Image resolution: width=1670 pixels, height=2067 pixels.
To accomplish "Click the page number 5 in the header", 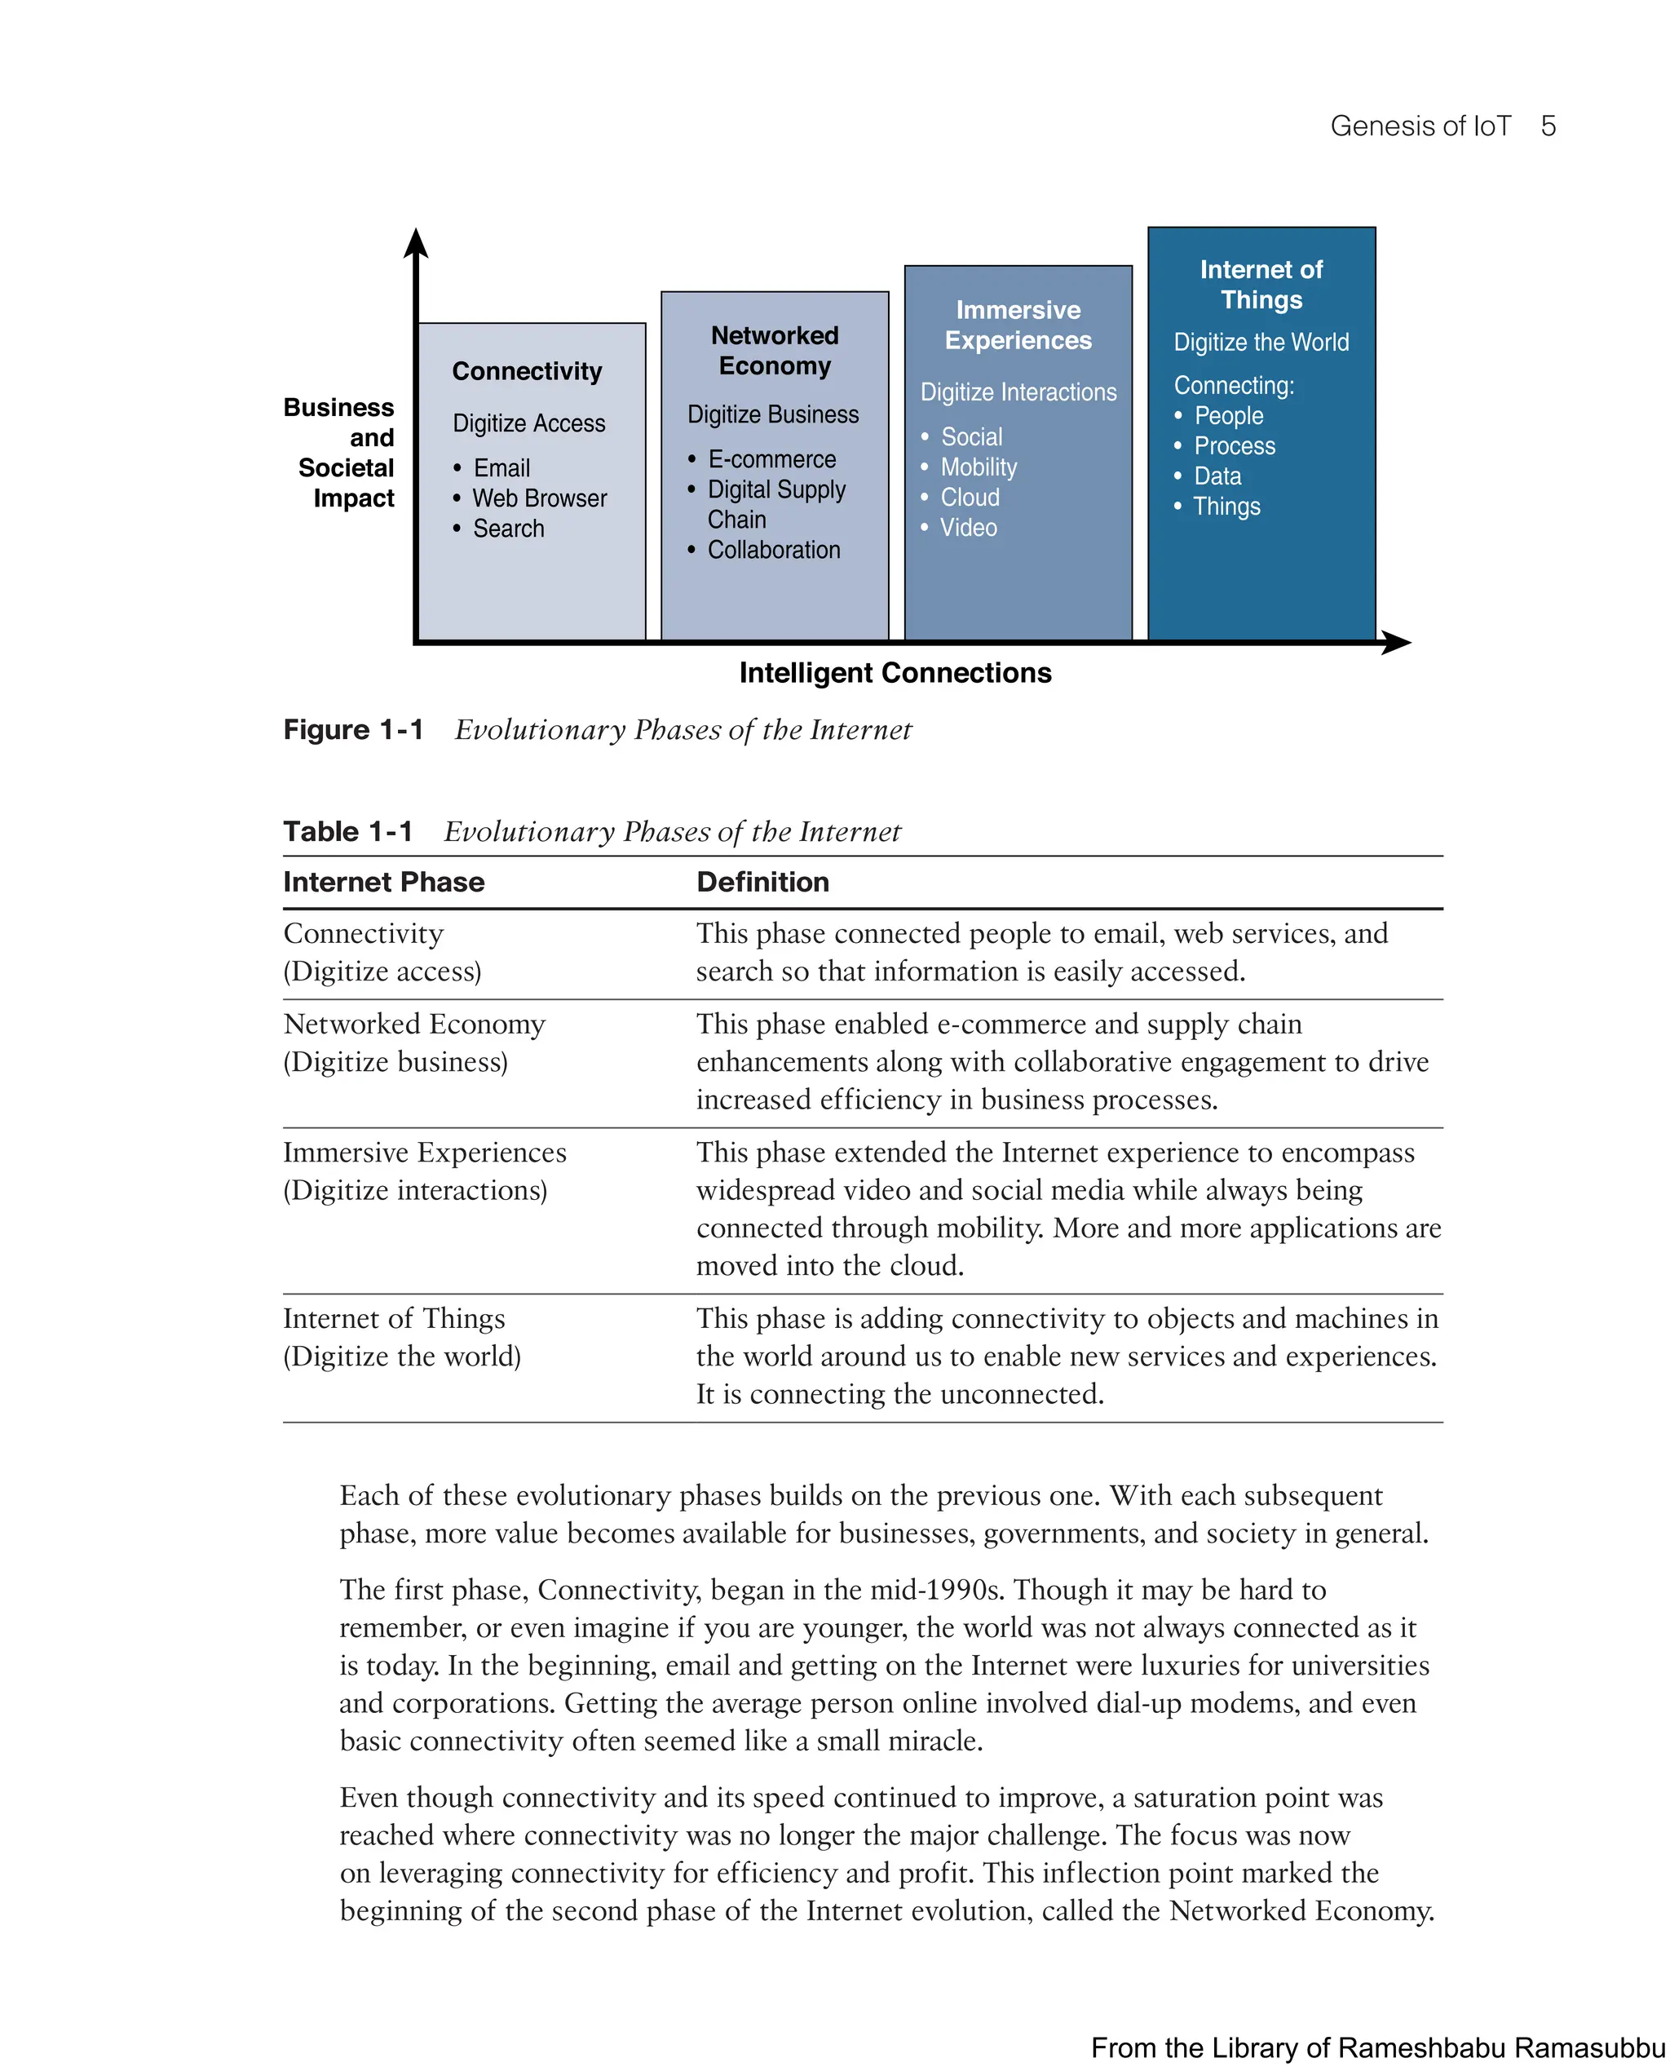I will pos(1547,126).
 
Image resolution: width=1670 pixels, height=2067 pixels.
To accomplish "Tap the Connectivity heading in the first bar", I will pos(526,370).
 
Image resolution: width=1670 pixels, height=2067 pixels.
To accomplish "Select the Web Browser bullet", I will pos(539,498).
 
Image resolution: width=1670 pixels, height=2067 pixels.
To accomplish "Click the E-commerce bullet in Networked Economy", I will pos(771,459).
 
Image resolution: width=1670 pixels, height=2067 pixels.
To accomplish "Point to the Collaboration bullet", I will pos(773,550).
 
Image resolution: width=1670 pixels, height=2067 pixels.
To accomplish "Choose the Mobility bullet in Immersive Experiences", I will pos(979,467).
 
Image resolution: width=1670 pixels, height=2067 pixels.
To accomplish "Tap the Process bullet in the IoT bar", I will pos(1235,445).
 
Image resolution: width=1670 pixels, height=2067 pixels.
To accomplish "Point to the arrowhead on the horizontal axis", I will pos(1396,642).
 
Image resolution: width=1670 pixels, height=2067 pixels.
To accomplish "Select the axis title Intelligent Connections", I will pos(895,673).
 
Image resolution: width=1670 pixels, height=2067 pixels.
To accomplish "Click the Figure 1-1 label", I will pos(353,729).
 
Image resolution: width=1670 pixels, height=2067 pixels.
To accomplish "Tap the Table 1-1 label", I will pos(347,831).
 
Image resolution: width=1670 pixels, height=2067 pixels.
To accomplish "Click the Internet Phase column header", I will pos(383,882).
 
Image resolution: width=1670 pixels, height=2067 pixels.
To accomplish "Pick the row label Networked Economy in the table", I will pos(413,1024).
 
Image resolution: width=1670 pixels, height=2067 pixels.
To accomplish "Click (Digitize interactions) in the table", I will pos(414,1190).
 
